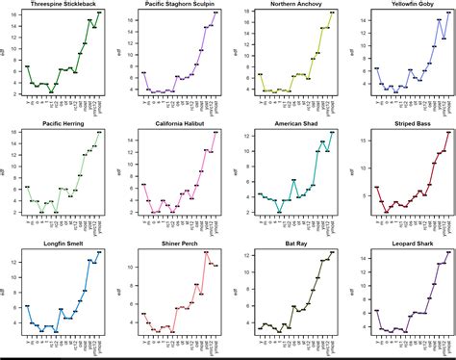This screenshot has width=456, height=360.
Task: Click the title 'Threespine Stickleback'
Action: click(63, 5)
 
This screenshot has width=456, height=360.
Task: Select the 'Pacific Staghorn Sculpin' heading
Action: click(180, 5)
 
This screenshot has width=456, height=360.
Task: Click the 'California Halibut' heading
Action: click(180, 124)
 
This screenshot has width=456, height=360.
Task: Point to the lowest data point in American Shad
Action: click(279, 212)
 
